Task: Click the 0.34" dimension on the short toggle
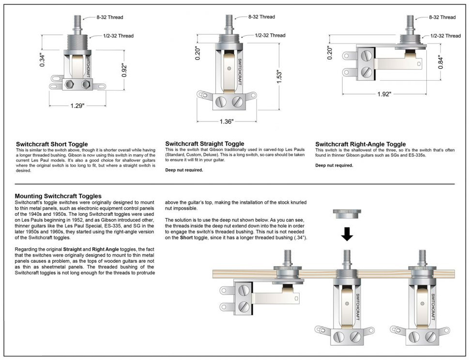tap(42, 59)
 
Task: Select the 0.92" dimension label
tap(124, 71)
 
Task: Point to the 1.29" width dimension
tap(76, 105)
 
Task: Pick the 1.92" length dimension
tap(384, 94)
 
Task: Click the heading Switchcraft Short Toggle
tap(52, 144)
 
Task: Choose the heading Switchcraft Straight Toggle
tap(205, 144)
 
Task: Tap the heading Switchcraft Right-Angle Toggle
tap(361, 144)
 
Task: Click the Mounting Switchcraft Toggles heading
tap(58, 196)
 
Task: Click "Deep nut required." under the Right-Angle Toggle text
tap(334, 165)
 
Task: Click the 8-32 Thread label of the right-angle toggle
tap(442, 17)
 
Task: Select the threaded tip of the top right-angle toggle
tap(409, 22)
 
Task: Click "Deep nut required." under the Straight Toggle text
tap(184, 170)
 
